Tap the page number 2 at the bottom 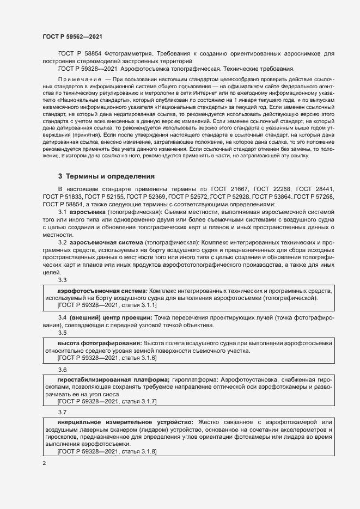(45, 463)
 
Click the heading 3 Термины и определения (107, 176)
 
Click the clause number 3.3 (62, 280)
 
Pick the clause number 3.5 (62, 333)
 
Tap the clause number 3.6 (62, 370)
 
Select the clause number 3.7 (62, 413)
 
